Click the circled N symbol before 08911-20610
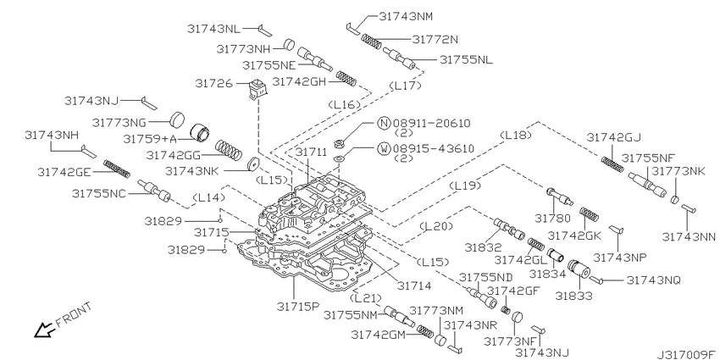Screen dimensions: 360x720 [x=383, y=124]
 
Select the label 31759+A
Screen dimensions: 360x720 [x=152, y=138]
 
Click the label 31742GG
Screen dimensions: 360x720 [x=174, y=155]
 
